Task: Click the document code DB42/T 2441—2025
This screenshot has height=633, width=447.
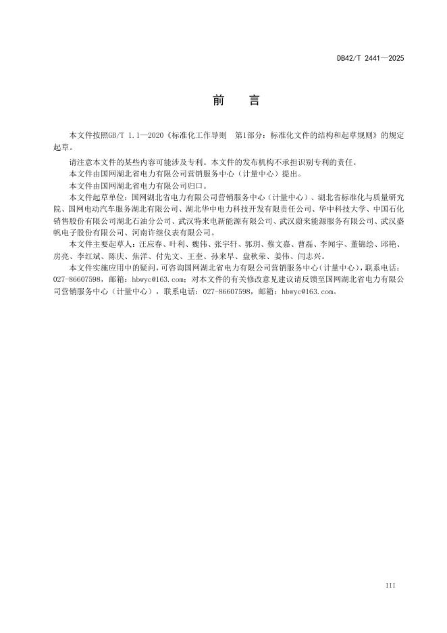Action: pyautogui.click(x=370, y=59)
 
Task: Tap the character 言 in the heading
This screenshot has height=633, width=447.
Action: pyautogui.click(x=253, y=100)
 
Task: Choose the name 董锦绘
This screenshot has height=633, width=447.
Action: pyautogui.click(x=361, y=244)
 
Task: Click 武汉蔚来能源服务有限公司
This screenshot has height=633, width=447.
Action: pyautogui.click(x=320, y=220)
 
